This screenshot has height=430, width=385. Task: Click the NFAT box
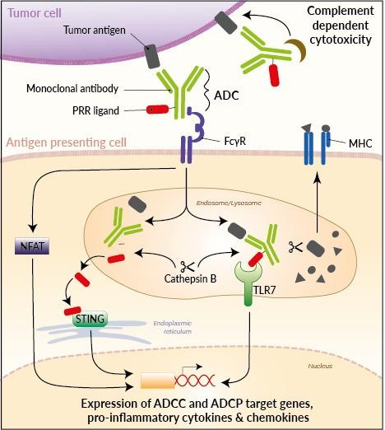32,246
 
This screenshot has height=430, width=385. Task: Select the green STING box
90,319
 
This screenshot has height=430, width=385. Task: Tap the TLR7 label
264,290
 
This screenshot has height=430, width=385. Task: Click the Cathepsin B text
190,278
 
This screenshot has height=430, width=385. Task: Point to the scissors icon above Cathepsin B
187,266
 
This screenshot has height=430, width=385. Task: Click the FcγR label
235,141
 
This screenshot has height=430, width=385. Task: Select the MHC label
360,143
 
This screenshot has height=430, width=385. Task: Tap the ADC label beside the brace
226,96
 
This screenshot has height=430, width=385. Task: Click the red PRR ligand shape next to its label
158,110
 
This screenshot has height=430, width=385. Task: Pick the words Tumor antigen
95,30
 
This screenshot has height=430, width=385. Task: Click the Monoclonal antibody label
72,88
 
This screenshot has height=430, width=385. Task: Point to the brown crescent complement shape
297,49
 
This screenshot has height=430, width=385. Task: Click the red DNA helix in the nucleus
194,381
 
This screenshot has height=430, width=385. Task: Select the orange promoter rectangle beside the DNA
158,381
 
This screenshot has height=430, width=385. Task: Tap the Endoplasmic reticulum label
173,327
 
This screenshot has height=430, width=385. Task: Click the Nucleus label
320,366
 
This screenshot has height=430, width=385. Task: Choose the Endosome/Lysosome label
229,203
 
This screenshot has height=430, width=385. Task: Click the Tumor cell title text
35,13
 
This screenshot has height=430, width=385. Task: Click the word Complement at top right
341,11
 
